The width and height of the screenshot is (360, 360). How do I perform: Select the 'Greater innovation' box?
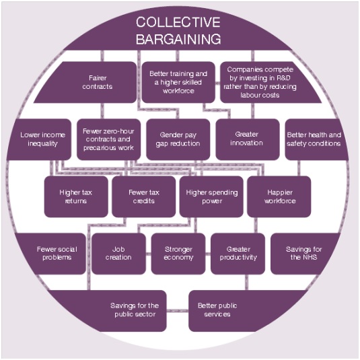[248, 139]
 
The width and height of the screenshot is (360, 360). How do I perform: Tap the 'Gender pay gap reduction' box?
[178, 139]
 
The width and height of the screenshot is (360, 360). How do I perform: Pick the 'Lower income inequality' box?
[39, 139]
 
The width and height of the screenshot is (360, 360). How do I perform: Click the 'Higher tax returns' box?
[76, 196]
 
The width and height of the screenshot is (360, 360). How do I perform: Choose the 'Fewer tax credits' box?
[144, 196]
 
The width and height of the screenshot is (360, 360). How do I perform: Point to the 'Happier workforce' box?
[279, 196]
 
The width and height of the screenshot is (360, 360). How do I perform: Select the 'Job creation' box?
[118, 254]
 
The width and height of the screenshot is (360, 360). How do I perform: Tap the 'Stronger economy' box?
[178, 254]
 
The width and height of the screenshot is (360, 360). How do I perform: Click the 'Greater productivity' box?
[238, 254]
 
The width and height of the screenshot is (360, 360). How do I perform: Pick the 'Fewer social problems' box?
[52, 254]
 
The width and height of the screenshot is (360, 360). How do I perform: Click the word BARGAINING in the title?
[178, 39]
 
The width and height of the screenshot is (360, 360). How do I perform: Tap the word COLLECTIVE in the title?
[178, 22]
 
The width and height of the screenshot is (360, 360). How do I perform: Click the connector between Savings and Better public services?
[178, 311]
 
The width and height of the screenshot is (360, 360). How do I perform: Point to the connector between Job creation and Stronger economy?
[149, 254]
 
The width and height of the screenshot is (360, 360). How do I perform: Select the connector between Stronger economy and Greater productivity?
[208, 254]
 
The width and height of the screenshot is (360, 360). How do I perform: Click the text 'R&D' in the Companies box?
[283, 78]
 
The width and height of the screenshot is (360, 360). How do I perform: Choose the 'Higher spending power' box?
[211, 196]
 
